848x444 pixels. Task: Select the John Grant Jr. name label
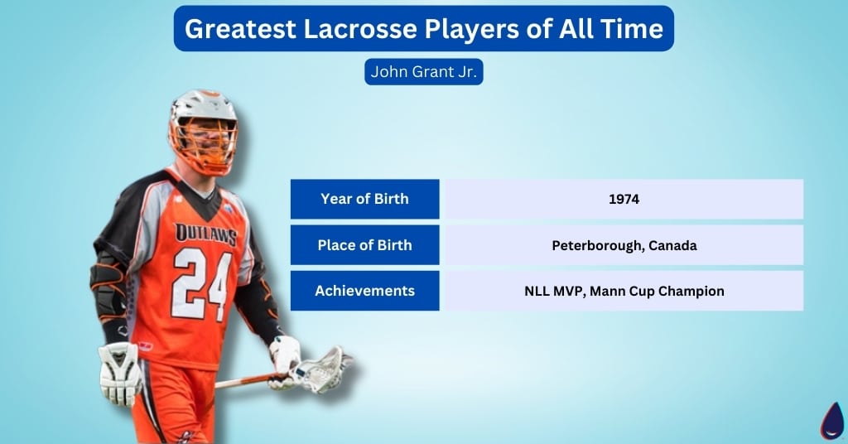[423, 71]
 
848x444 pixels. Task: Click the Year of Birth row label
[364, 199]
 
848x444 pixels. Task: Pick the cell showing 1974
[624, 199]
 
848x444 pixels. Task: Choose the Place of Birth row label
[364, 245]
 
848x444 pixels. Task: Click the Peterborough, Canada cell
[624, 245]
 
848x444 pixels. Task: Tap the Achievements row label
[364, 291]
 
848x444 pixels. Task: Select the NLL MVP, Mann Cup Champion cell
[624, 291]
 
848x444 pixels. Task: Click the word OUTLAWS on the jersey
[205, 234]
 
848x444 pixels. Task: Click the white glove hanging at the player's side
[119, 373]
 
